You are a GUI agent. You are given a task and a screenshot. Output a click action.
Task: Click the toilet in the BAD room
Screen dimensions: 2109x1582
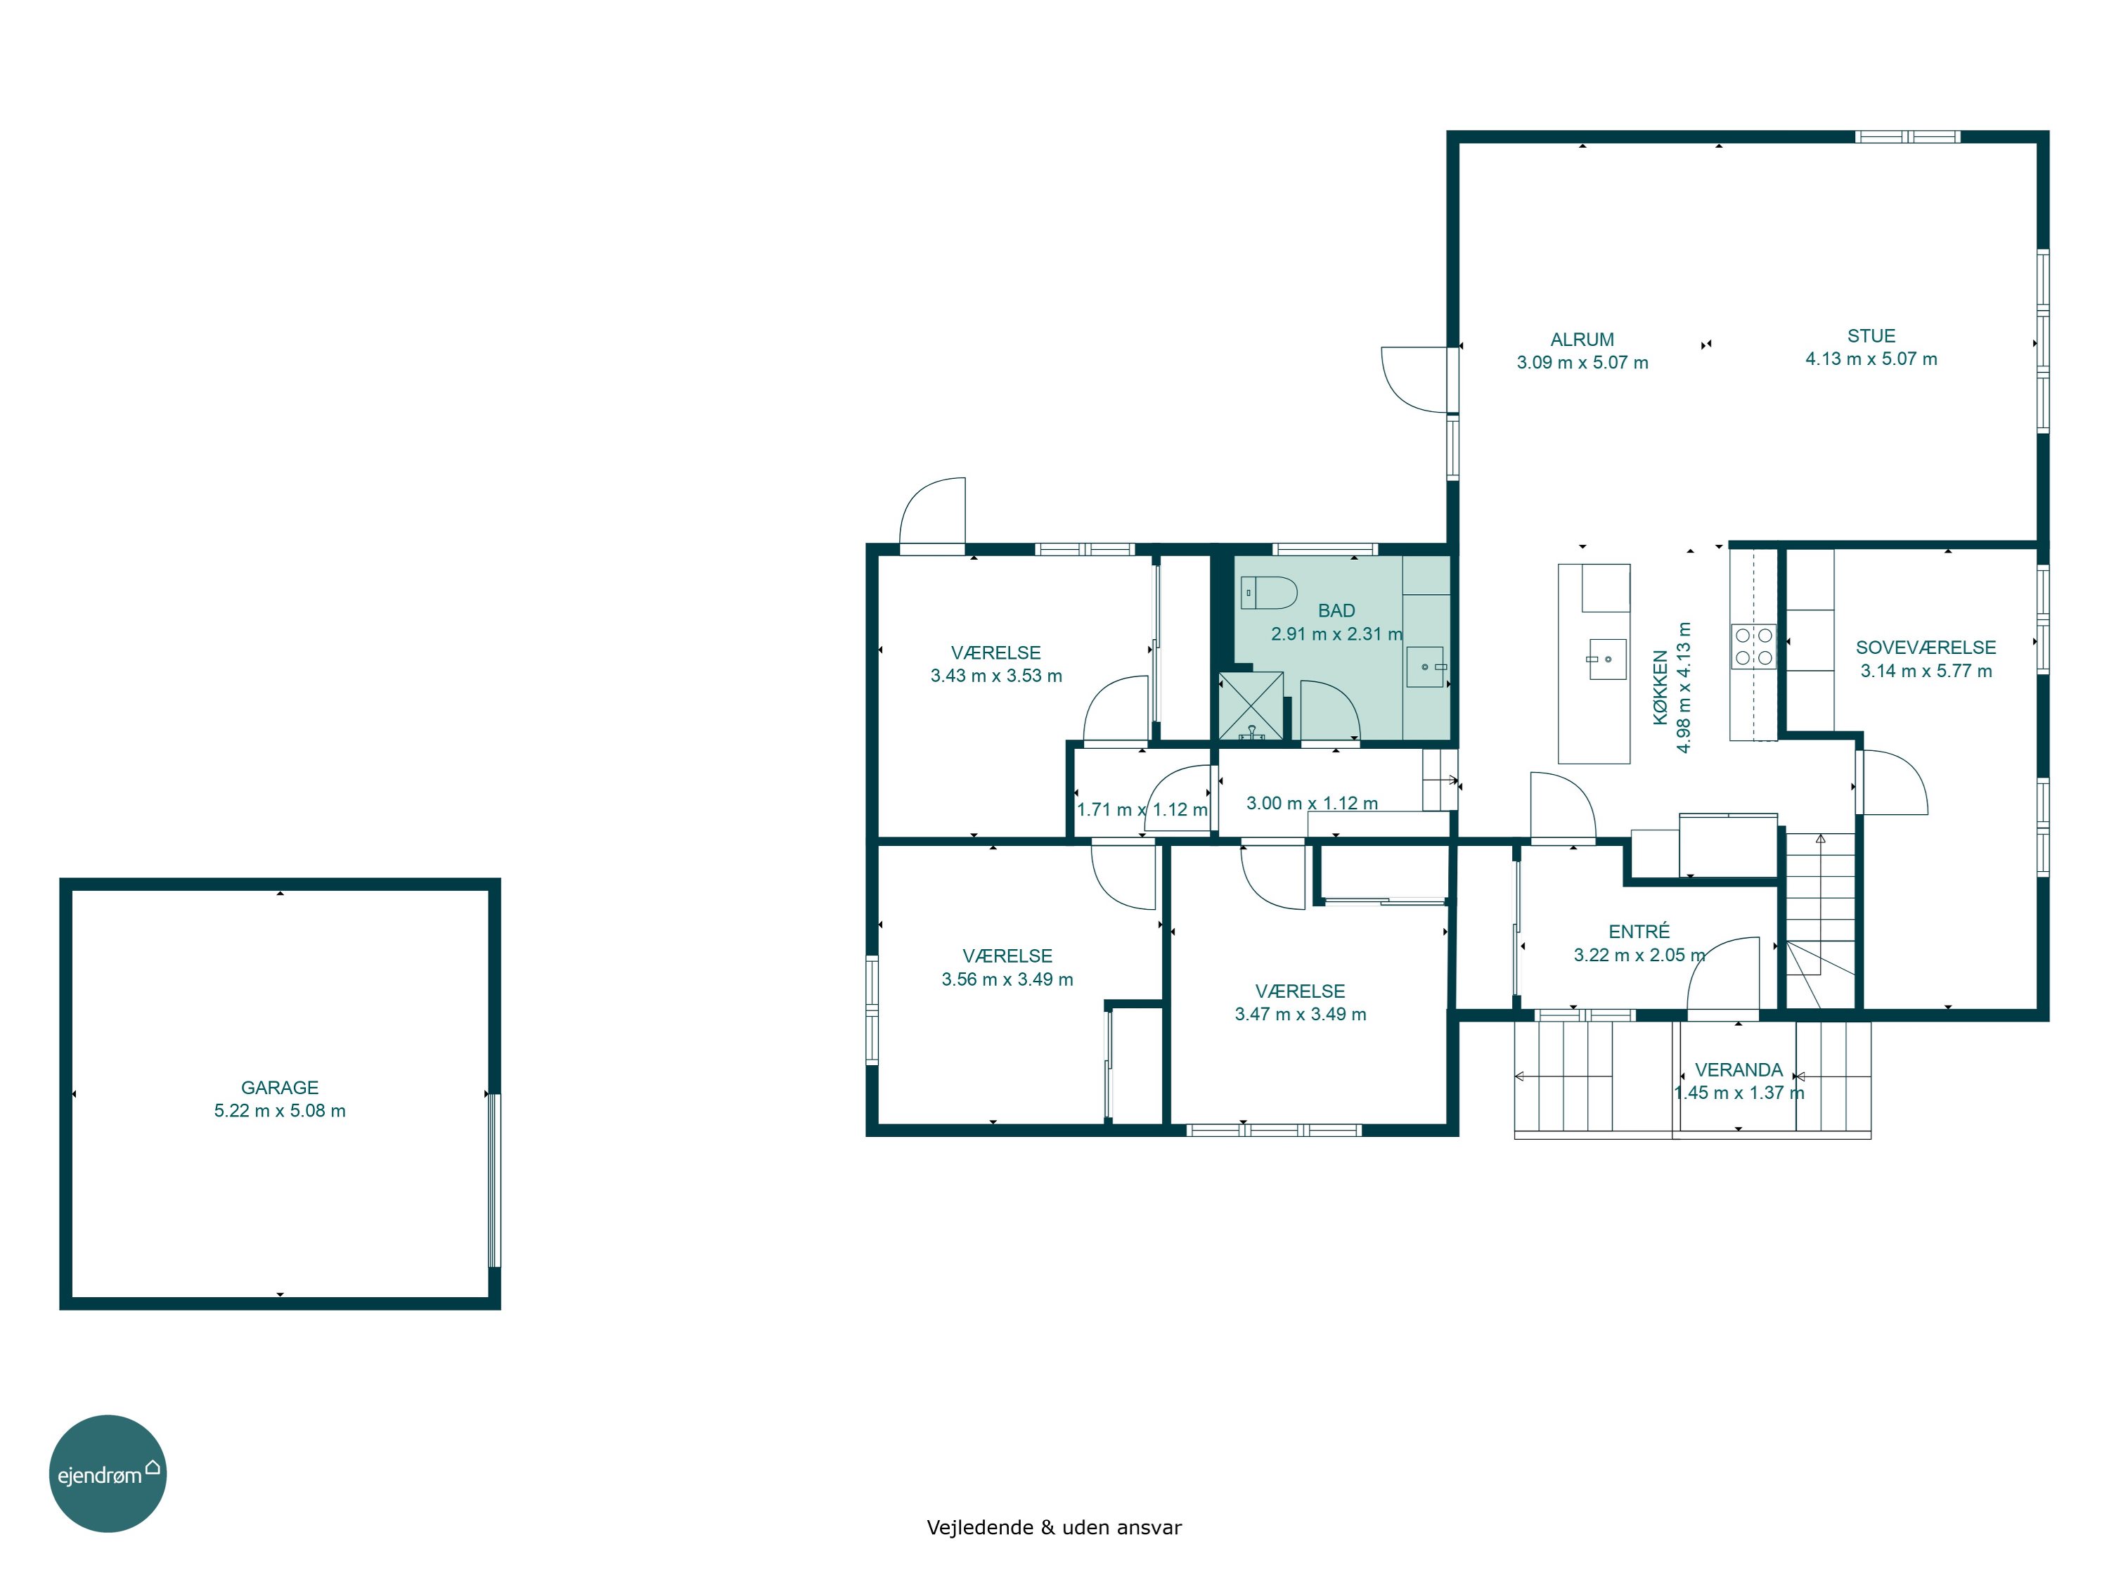1268,592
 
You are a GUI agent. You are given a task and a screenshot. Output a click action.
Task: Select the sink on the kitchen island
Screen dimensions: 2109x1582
1606,659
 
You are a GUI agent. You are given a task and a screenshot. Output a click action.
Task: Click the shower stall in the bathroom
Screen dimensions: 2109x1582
1251,706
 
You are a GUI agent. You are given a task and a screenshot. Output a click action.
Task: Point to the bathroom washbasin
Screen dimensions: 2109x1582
1426,667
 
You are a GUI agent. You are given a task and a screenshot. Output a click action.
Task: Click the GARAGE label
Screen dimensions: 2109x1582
279,1087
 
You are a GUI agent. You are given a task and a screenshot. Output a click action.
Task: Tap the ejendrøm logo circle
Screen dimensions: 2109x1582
108,1473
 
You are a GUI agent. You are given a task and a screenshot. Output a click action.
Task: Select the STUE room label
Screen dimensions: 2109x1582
1871,335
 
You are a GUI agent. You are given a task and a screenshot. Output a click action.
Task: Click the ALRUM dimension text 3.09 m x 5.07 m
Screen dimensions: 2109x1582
1582,362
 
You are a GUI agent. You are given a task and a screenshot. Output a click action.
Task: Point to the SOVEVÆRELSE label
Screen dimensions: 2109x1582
1925,648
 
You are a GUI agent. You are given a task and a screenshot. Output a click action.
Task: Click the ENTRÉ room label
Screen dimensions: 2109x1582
1639,931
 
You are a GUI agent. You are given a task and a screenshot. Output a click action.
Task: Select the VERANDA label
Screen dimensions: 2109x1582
1738,1070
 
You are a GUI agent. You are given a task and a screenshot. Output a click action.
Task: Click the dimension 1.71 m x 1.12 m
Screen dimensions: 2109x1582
1141,809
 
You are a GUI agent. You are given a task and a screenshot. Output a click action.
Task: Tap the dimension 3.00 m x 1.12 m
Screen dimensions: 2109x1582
1312,803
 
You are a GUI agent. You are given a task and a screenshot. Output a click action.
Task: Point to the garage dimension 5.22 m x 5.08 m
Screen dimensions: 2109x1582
279,1110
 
